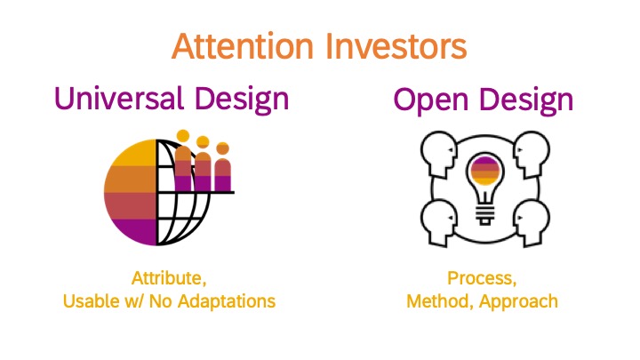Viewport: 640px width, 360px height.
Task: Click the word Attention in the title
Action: tap(243, 45)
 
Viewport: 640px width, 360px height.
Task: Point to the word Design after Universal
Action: tap(242, 100)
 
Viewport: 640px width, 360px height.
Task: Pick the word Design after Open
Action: tap(526, 100)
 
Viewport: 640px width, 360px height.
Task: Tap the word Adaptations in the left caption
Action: tap(227, 301)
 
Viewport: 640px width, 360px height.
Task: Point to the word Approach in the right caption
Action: tap(518, 302)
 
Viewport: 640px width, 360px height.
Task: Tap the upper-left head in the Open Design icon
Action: tap(439, 153)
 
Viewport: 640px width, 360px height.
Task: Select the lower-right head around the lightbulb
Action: tap(532, 222)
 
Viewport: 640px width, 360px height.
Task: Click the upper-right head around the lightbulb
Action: tap(532, 153)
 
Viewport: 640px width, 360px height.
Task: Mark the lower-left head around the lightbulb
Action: tap(439, 222)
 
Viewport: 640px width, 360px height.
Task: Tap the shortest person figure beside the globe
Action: tap(222, 166)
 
